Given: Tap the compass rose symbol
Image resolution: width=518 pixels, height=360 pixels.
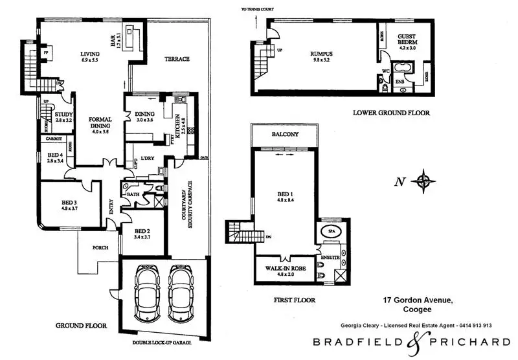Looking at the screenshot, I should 425,181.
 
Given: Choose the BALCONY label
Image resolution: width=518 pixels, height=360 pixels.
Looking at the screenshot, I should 286,135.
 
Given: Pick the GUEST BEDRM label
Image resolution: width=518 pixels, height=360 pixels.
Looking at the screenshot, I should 407,38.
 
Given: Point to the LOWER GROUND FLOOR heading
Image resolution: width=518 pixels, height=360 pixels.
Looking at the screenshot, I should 391,113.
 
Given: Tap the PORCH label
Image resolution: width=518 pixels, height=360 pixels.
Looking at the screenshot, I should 100,247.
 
